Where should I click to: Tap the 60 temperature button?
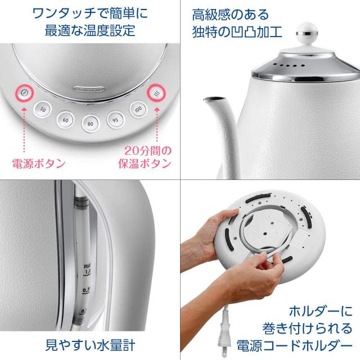[x=66, y=119]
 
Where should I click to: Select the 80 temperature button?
[x=89, y=124]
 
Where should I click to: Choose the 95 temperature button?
[x=115, y=119]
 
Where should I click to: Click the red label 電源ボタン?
[x=39, y=164]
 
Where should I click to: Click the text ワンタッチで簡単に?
[x=89, y=11]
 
